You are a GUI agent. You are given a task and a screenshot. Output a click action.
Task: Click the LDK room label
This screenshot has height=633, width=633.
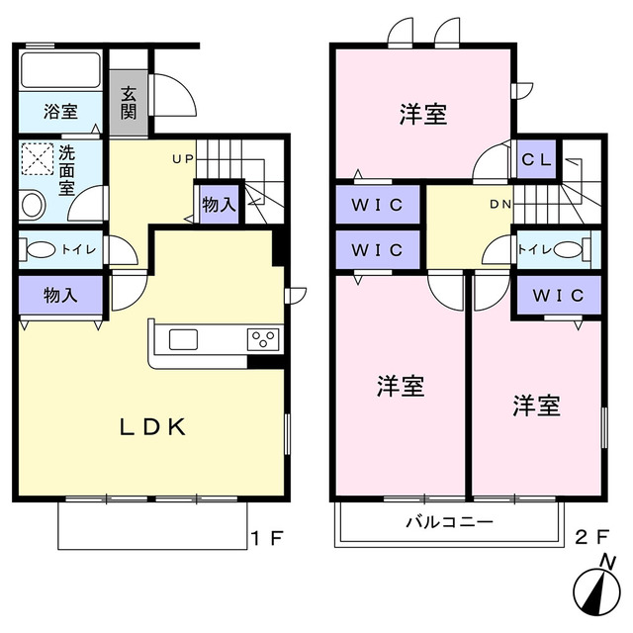pos(153,427)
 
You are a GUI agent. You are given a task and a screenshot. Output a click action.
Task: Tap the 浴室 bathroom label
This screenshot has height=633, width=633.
pos(61,112)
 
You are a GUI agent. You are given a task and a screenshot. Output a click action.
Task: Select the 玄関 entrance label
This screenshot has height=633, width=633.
pos(129,102)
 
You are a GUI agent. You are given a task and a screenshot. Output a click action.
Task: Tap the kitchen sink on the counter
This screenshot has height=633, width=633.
pos(184,339)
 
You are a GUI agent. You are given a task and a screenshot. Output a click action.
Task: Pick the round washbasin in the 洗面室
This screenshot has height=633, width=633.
pos(33,206)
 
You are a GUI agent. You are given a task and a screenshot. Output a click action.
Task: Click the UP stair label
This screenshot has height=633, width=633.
pos(182,158)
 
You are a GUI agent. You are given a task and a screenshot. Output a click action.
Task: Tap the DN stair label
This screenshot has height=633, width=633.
pos(499,205)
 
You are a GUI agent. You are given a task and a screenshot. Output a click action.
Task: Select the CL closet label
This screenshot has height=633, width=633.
pos(537,158)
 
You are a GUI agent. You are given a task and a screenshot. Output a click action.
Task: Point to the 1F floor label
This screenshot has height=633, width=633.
pos(267,539)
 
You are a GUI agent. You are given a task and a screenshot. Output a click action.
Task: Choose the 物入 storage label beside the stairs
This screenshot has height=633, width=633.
pos(219,205)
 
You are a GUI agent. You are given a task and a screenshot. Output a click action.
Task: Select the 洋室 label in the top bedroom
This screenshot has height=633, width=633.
pos(424,115)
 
